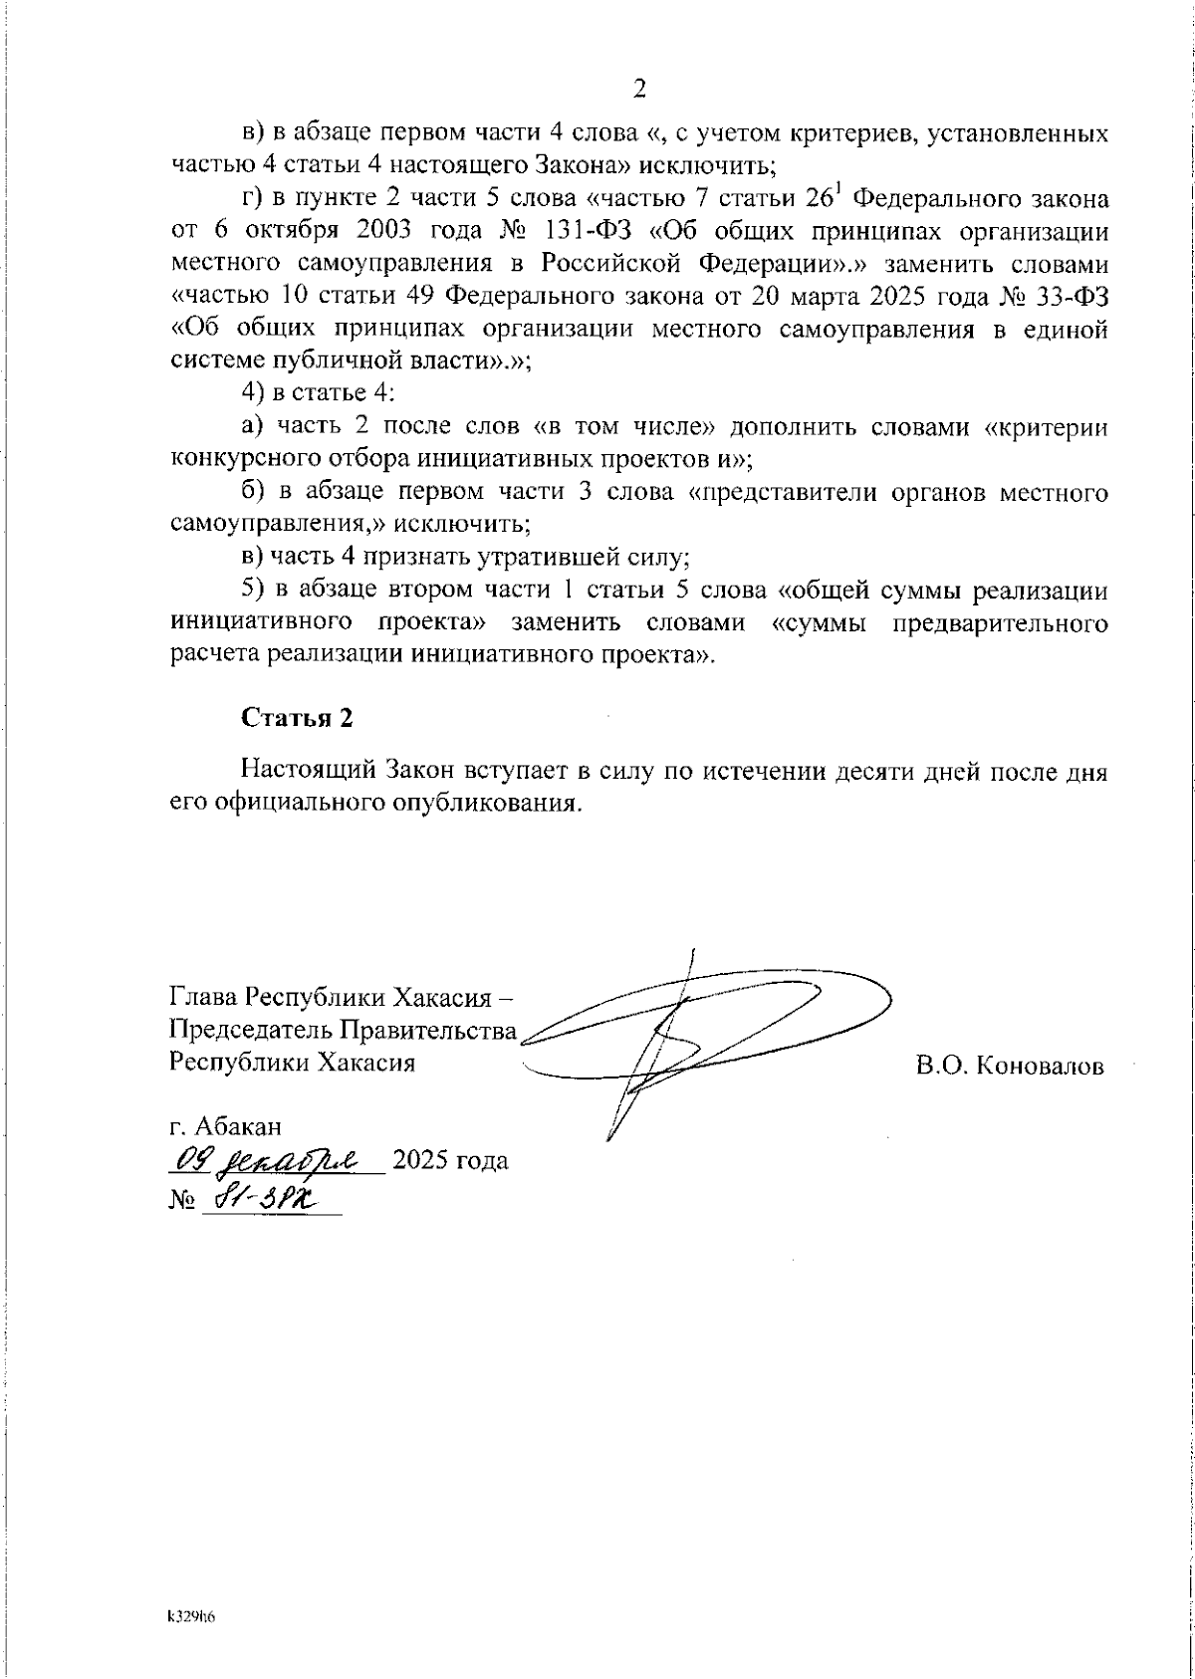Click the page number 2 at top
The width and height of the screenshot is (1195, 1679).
[x=640, y=90]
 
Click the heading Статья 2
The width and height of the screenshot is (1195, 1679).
[x=297, y=718]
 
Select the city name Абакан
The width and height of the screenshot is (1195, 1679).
[x=239, y=1126]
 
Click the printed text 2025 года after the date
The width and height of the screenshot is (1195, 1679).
[x=451, y=1160]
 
